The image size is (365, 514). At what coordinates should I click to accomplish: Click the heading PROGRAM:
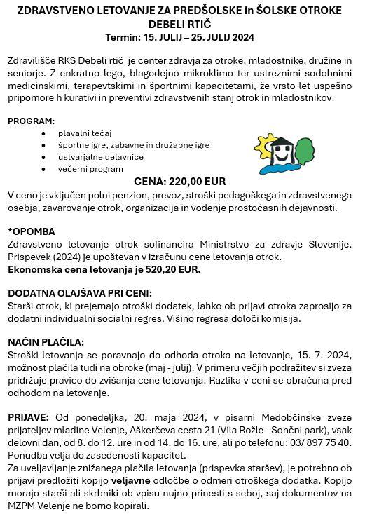point(31,121)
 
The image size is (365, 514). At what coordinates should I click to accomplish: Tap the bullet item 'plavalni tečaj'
point(85,133)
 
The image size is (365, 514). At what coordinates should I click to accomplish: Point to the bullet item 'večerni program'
point(90,168)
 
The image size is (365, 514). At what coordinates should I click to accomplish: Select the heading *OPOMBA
point(32,231)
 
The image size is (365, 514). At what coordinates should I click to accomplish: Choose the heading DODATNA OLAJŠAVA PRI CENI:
point(80,293)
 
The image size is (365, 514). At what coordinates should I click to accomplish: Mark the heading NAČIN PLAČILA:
point(46,342)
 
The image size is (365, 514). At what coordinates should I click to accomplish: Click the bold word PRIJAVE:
point(29,417)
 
